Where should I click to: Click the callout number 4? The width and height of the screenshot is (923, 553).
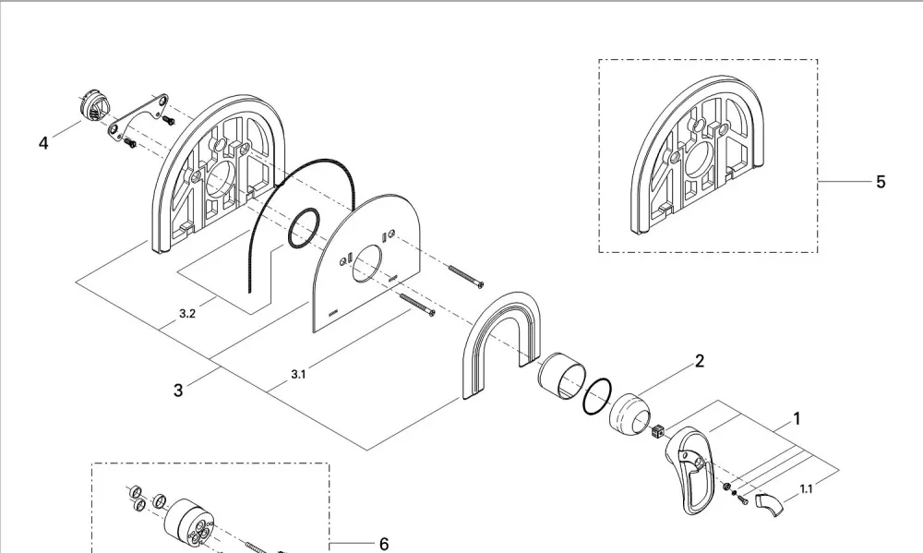click(43, 143)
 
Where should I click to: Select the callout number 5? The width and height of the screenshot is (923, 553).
click(881, 182)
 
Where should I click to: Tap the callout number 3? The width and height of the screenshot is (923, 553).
click(178, 390)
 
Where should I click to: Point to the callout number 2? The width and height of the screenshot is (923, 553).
click(700, 361)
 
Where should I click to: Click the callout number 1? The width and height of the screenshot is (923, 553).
click(797, 419)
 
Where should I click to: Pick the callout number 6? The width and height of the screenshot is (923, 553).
click(384, 544)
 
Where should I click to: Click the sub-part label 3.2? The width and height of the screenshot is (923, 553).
click(187, 314)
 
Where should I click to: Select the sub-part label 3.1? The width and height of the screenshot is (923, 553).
click(298, 375)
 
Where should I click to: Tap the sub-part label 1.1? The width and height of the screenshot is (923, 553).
click(807, 489)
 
